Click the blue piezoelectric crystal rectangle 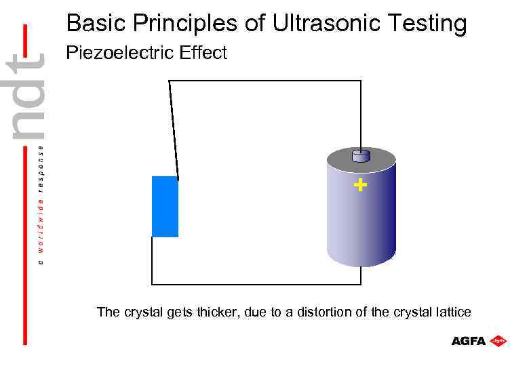tap(165, 207)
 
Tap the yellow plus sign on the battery tap(361, 184)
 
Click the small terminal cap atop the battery tap(361, 155)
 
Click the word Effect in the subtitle tap(202, 53)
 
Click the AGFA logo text tap(469, 341)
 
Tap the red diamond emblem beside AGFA tap(499, 340)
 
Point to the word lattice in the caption tap(452, 312)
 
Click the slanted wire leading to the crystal tap(174, 129)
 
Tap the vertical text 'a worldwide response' tap(41, 203)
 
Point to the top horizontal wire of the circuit tap(264, 81)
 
